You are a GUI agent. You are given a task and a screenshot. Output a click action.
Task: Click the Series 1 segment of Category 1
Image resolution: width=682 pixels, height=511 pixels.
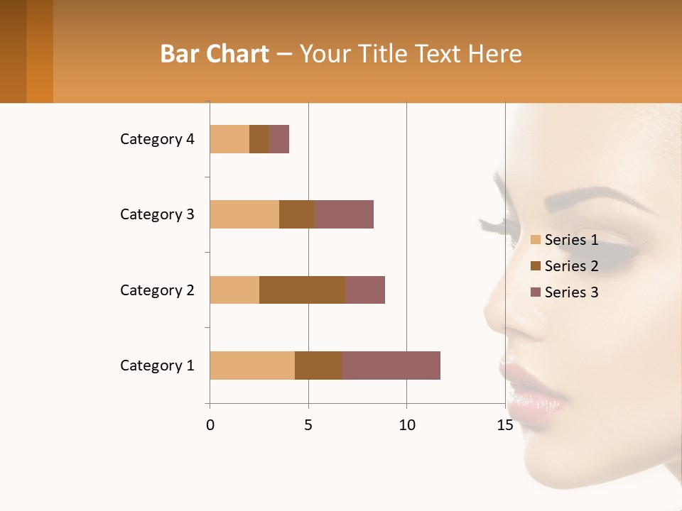[x=252, y=366]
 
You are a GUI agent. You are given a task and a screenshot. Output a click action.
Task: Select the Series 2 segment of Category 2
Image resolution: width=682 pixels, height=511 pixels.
[x=303, y=290]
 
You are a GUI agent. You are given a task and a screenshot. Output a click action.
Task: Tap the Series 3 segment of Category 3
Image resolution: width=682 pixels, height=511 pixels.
[x=344, y=214]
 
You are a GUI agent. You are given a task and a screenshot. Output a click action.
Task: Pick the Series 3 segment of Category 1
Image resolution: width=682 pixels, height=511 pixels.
[x=391, y=366]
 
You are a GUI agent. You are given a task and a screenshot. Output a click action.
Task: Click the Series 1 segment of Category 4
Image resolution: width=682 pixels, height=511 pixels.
[x=229, y=139]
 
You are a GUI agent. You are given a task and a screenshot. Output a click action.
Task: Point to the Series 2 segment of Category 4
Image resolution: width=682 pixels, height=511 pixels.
[x=259, y=139]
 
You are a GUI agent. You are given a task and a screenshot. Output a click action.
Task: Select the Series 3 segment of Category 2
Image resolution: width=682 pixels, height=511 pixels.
[x=365, y=290]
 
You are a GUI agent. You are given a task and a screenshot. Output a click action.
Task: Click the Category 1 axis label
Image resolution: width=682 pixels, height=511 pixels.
[x=157, y=366]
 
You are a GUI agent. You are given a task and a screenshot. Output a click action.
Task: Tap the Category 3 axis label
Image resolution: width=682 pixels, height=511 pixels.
[x=157, y=214]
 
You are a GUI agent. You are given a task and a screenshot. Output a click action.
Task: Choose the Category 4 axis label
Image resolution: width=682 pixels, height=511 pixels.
[x=157, y=139]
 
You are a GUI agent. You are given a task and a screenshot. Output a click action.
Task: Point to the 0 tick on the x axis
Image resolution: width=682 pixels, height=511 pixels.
[x=210, y=426]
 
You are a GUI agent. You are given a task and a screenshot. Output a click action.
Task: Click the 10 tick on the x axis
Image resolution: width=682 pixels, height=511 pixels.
[x=406, y=426]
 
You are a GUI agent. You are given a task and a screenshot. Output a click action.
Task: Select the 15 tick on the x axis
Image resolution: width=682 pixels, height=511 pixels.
[x=505, y=426]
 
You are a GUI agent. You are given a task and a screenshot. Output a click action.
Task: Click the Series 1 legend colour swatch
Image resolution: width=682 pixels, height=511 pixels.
[x=535, y=240]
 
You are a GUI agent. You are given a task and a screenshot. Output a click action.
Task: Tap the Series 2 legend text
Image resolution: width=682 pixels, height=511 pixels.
[x=571, y=266]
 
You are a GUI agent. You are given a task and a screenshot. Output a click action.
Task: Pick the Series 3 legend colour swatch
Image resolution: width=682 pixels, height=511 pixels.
[x=535, y=292]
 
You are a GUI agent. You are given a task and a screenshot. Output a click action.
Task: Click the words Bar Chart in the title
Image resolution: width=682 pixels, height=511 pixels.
[x=215, y=54]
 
